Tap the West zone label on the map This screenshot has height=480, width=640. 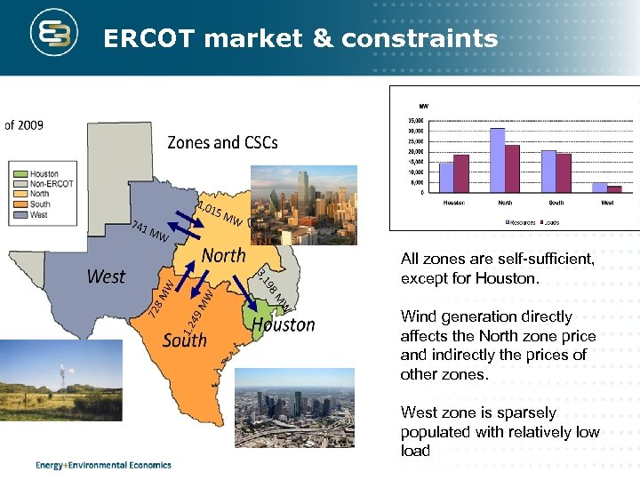[x=106, y=276]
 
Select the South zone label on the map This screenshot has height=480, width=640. [x=185, y=340]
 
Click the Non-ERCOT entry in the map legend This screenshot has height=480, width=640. [x=52, y=183]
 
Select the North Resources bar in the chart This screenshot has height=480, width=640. [x=498, y=160]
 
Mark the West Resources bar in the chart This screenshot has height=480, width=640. [x=600, y=187]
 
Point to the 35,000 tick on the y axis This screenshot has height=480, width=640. [x=415, y=120]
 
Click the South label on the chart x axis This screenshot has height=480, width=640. [x=556, y=203]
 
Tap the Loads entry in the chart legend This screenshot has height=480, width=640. [x=548, y=222]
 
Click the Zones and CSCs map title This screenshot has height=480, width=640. [x=222, y=142]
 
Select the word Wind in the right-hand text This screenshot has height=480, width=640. [x=416, y=316]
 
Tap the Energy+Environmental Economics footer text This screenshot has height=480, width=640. [x=103, y=464]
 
